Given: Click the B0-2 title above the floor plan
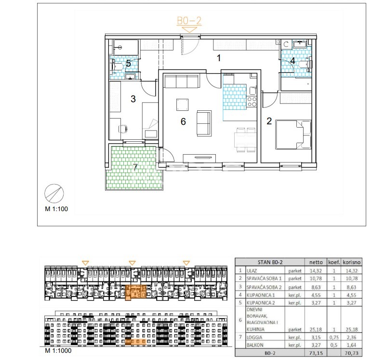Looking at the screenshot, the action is [189, 21].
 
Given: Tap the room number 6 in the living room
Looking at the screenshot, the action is [183, 121].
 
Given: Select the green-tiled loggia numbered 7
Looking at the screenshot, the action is [134, 168].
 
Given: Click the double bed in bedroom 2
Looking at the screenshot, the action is [293, 134].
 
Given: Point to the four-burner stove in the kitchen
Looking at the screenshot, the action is [252, 102].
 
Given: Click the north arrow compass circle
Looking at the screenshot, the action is [54, 193].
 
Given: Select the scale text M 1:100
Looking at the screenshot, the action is [56, 209].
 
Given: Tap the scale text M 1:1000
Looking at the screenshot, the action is [58, 350].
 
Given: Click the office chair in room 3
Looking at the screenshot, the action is [123, 129].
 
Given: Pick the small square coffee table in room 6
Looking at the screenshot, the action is [182, 105].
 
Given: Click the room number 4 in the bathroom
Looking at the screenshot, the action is [293, 61].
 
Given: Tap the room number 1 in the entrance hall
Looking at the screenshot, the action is [219, 58].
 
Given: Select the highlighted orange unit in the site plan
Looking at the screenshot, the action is [135, 291].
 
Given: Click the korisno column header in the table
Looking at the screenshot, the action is [351, 262].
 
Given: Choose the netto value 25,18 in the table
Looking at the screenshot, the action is [316, 329].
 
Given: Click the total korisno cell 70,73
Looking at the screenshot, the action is [351, 353].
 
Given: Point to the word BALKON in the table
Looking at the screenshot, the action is [255, 345].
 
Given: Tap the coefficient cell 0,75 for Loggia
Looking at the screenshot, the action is [334, 337].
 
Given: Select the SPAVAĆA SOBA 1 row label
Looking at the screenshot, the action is [264, 279].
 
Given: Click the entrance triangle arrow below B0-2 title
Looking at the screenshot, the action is [189, 30].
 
